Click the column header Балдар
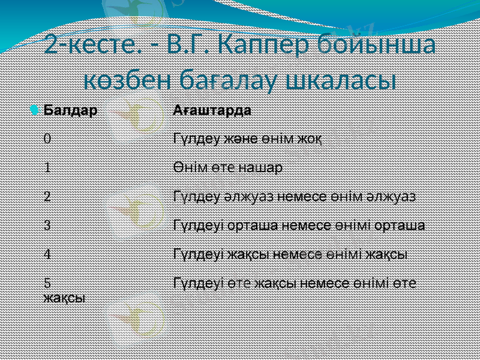point(71,111)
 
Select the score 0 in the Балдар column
point(47,139)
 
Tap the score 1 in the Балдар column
point(47,167)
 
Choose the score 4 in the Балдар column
point(47,253)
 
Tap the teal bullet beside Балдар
point(36,111)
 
